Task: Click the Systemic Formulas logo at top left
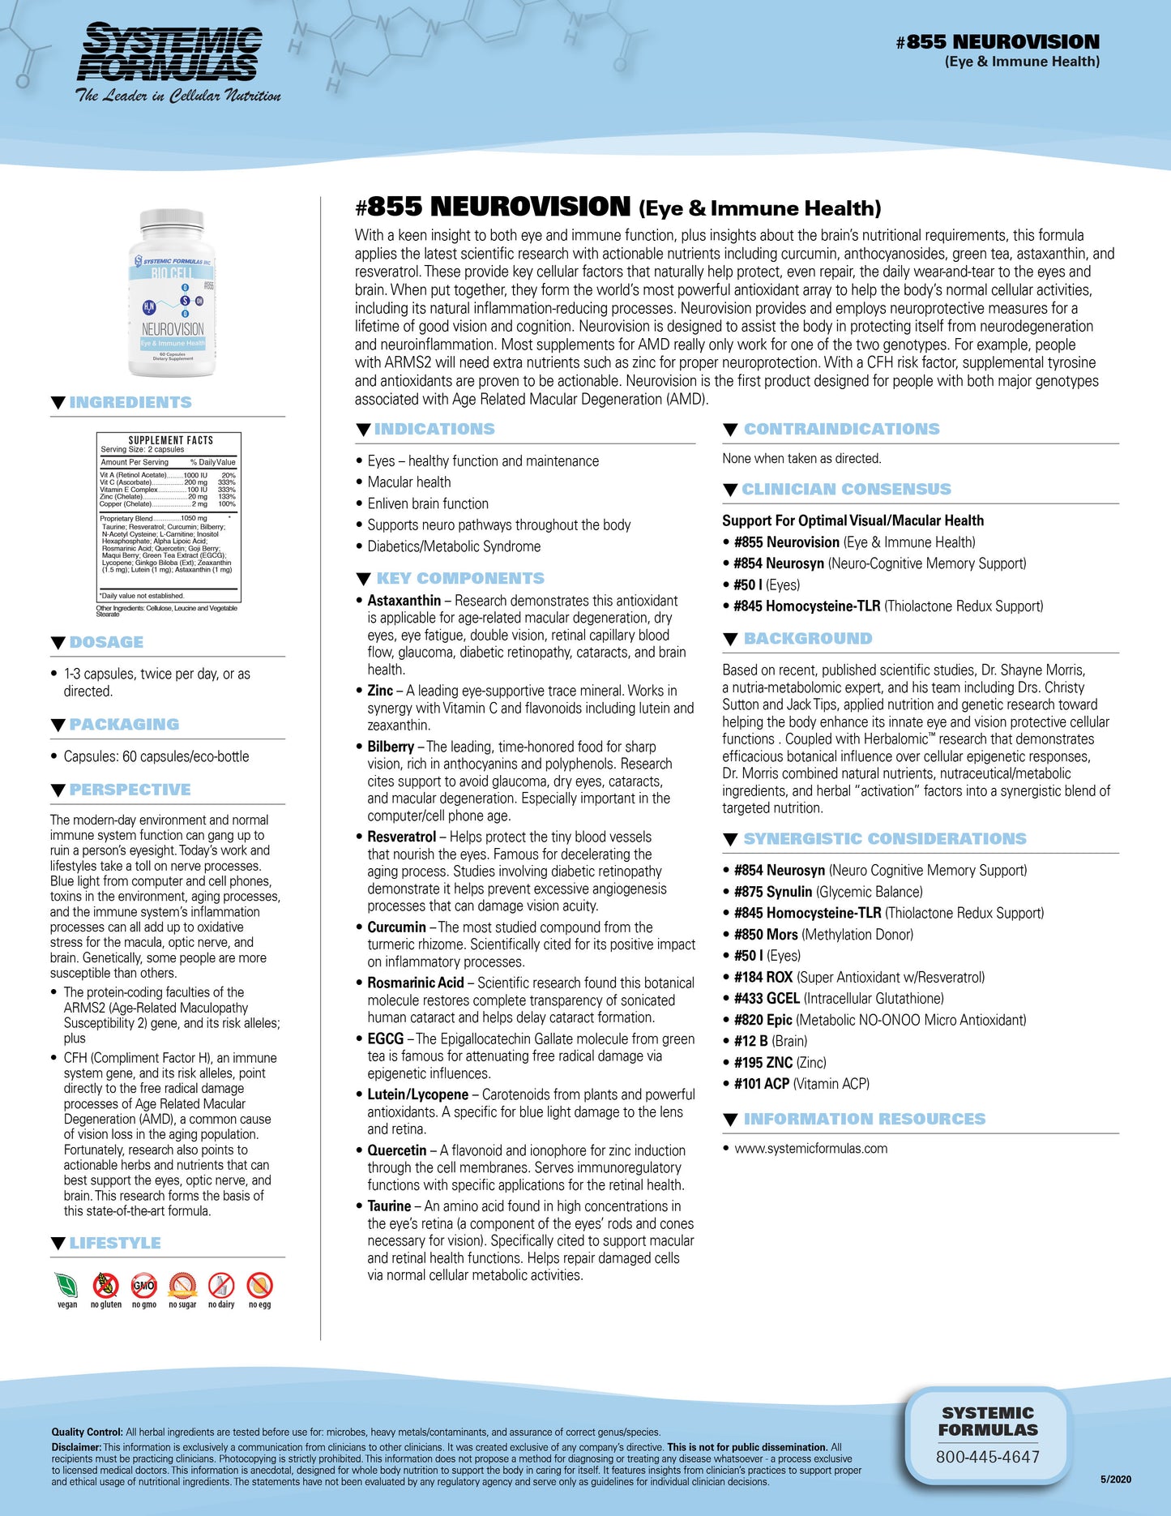click(x=178, y=61)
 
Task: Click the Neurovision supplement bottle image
click(x=172, y=293)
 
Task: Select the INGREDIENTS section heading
click(x=130, y=402)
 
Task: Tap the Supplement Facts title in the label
click(x=170, y=440)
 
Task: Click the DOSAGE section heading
click(x=106, y=642)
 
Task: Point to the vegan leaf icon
click(x=66, y=1286)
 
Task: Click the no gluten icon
click(x=105, y=1286)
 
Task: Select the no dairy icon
click(x=221, y=1286)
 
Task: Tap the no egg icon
click(x=259, y=1286)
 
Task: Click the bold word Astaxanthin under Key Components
click(x=404, y=601)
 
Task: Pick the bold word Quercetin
click(x=396, y=1150)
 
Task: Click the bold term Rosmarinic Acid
click(x=415, y=983)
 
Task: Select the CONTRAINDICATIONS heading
click(x=841, y=429)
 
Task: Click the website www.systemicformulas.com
click(x=810, y=1148)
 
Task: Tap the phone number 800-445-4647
click(x=987, y=1457)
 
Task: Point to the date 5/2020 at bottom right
click(x=1115, y=1480)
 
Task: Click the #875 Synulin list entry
click(x=827, y=892)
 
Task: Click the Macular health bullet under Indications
click(x=408, y=482)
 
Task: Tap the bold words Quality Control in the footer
click(x=87, y=1432)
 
